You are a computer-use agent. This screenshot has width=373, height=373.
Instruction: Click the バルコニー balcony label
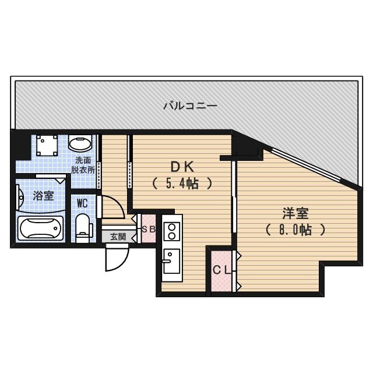(x=190, y=106)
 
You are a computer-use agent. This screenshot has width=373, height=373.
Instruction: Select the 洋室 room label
(x=295, y=213)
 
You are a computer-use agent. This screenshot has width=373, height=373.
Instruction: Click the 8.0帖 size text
(x=295, y=230)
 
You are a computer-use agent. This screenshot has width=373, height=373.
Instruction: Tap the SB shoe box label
(x=149, y=229)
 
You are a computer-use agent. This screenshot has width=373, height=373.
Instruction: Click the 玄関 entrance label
(x=118, y=237)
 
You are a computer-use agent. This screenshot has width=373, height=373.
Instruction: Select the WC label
(x=82, y=203)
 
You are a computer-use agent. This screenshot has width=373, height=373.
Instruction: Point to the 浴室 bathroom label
(x=43, y=196)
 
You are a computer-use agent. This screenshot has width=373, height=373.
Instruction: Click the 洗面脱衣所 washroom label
(x=83, y=165)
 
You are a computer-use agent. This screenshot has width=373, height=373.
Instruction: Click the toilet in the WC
(x=83, y=226)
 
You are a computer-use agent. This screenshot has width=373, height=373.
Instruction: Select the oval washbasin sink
(x=79, y=143)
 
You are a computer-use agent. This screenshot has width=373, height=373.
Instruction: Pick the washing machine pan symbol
(x=45, y=145)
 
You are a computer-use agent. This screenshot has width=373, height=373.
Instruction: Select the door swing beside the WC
(x=112, y=206)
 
